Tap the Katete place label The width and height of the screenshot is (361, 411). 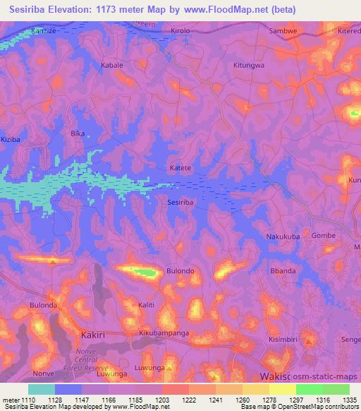180,168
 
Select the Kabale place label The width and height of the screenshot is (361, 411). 112,65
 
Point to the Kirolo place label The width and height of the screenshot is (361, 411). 180,32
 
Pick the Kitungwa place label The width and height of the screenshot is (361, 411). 247,65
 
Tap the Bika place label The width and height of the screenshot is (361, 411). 78,133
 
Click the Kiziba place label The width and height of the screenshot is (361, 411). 12,140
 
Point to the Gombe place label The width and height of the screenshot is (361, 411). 323,236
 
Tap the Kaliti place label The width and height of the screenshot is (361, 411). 147,304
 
